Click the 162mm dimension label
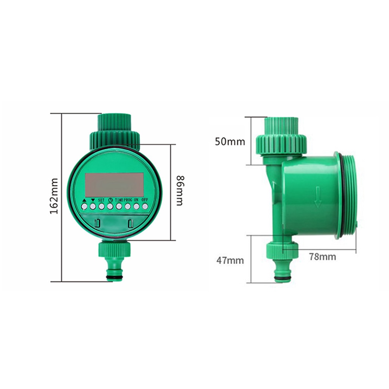[x=54, y=196]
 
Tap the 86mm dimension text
[x=179, y=191]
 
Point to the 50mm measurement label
[x=230, y=141]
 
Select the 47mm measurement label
[x=230, y=260]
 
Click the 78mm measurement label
[x=322, y=256]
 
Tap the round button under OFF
[x=145, y=207]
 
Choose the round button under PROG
[x=127, y=207]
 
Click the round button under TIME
[x=119, y=207]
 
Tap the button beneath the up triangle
[x=84, y=207]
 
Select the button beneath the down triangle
[x=93, y=207]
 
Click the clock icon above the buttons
[x=110, y=200]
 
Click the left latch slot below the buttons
[x=98, y=223]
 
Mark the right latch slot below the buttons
[x=131, y=223]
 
